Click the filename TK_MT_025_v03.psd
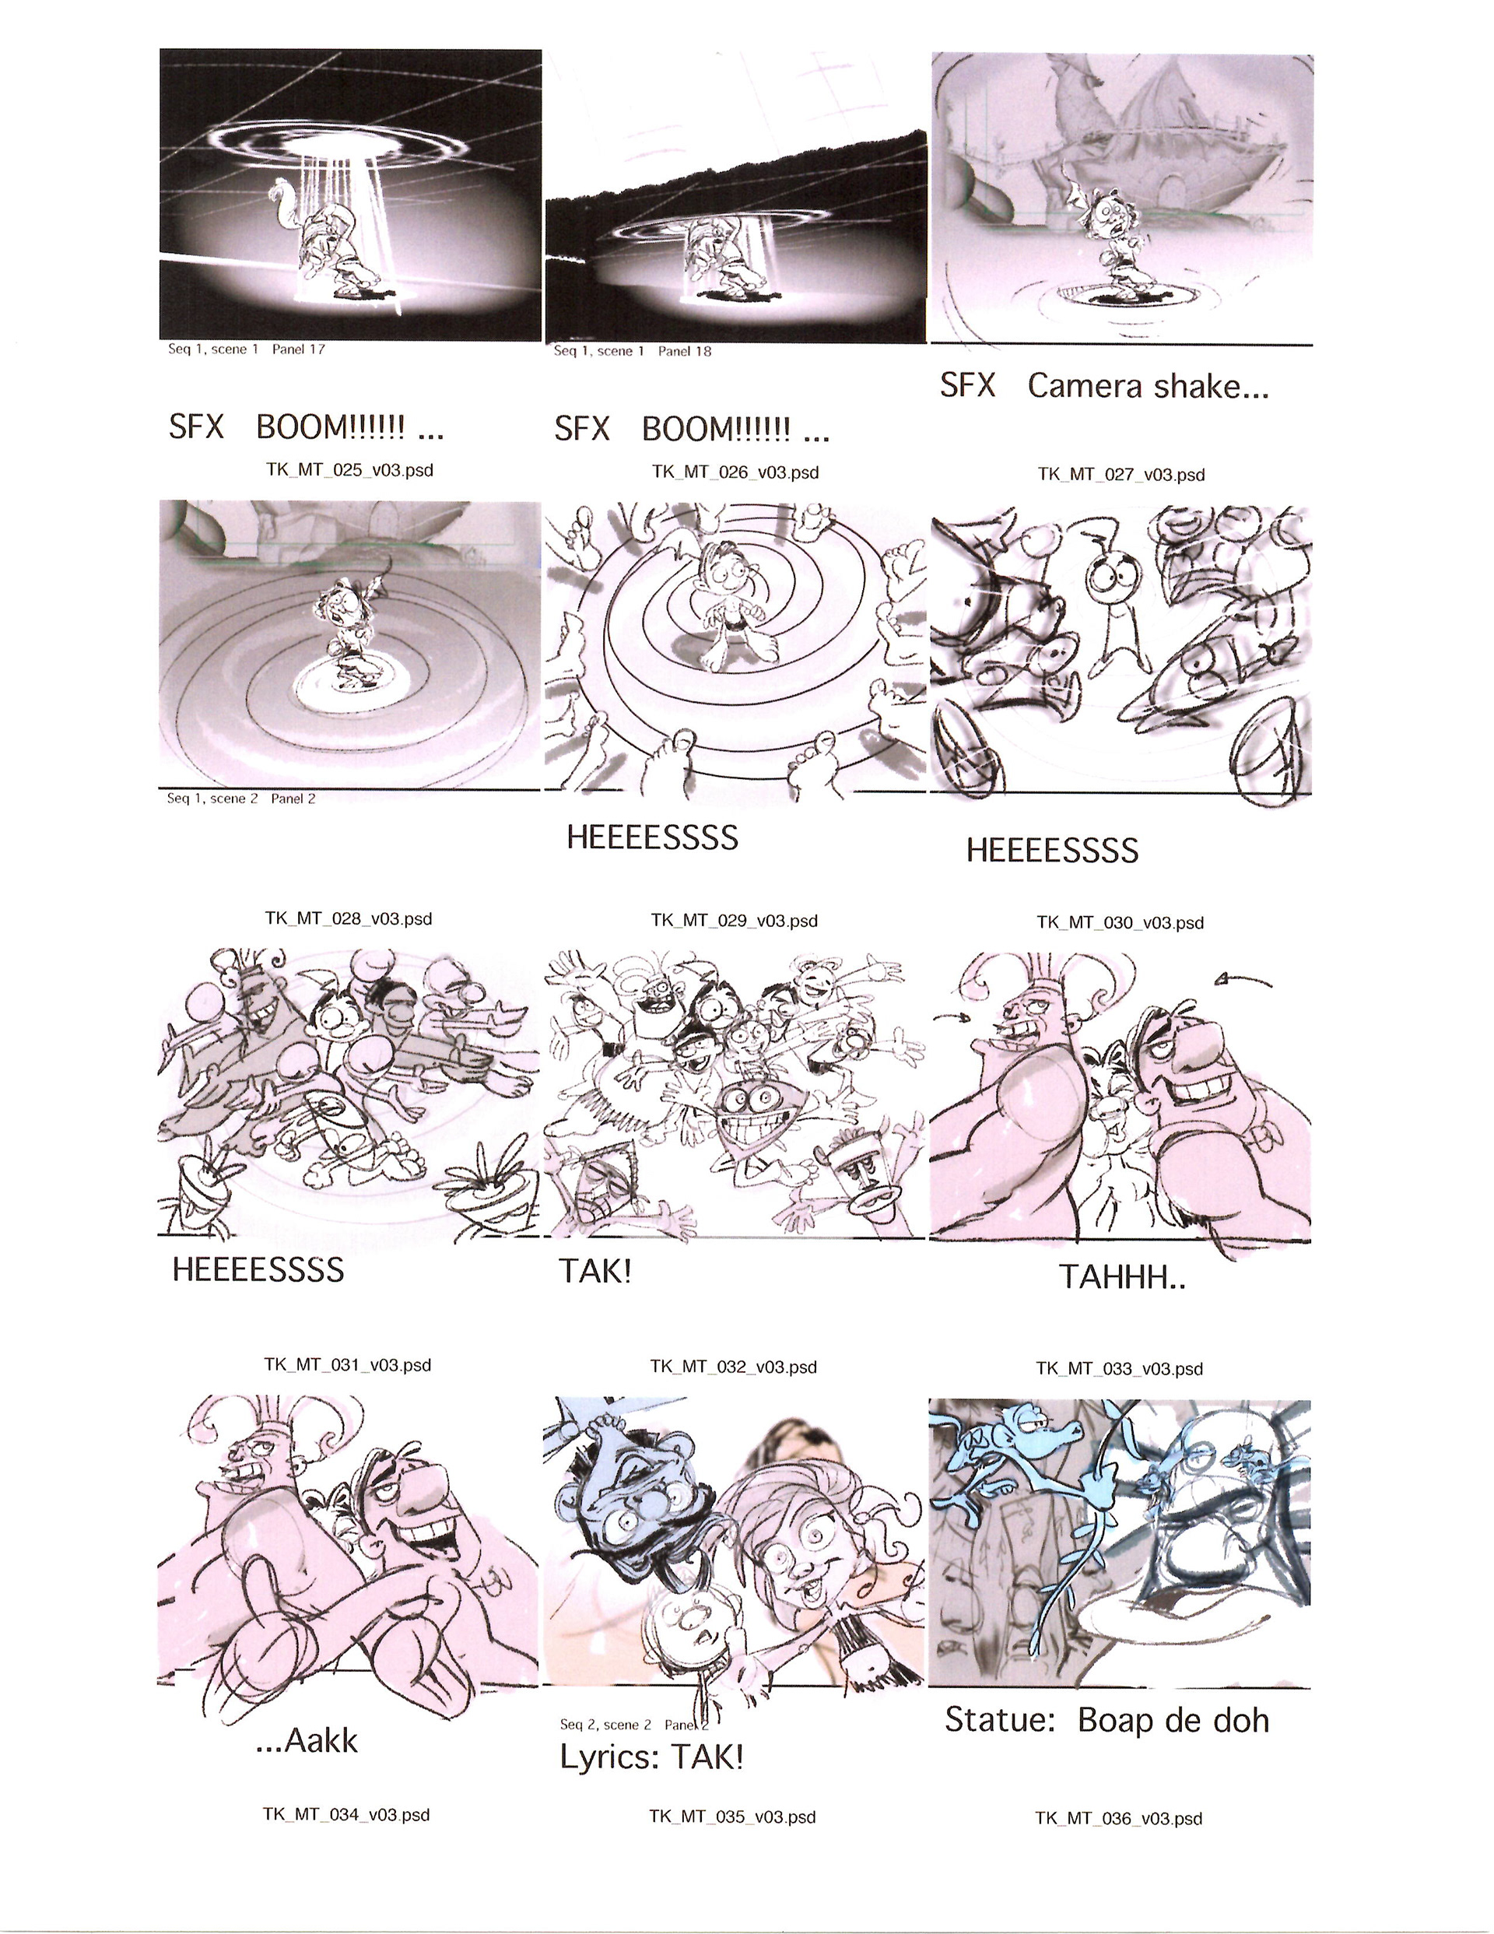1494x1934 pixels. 350,470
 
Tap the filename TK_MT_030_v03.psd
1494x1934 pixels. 1120,923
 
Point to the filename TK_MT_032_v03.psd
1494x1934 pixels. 733,1367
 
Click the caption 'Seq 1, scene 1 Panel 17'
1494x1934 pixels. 247,349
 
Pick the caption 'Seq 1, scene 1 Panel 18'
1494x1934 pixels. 633,351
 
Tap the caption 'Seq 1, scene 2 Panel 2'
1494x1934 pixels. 241,799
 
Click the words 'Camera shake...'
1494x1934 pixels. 1148,386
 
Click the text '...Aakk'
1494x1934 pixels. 307,1741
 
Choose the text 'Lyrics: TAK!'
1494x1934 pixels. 651,1757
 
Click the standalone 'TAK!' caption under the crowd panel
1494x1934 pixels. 595,1272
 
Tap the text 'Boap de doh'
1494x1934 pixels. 1173,1720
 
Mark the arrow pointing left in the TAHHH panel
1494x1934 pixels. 1243,979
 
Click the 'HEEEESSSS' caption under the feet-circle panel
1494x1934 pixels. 653,837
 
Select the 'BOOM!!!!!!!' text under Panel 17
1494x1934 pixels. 331,428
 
